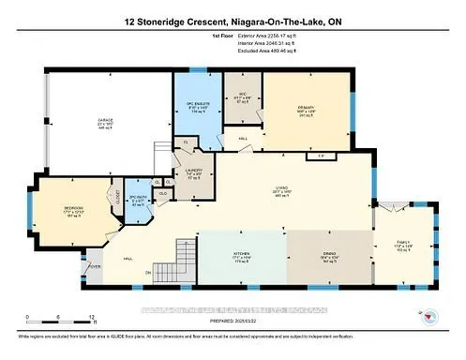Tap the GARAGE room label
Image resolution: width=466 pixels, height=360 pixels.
click(106, 121)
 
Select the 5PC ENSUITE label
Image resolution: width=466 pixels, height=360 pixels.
click(195, 106)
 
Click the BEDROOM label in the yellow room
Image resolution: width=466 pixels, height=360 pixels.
click(73, 207)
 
